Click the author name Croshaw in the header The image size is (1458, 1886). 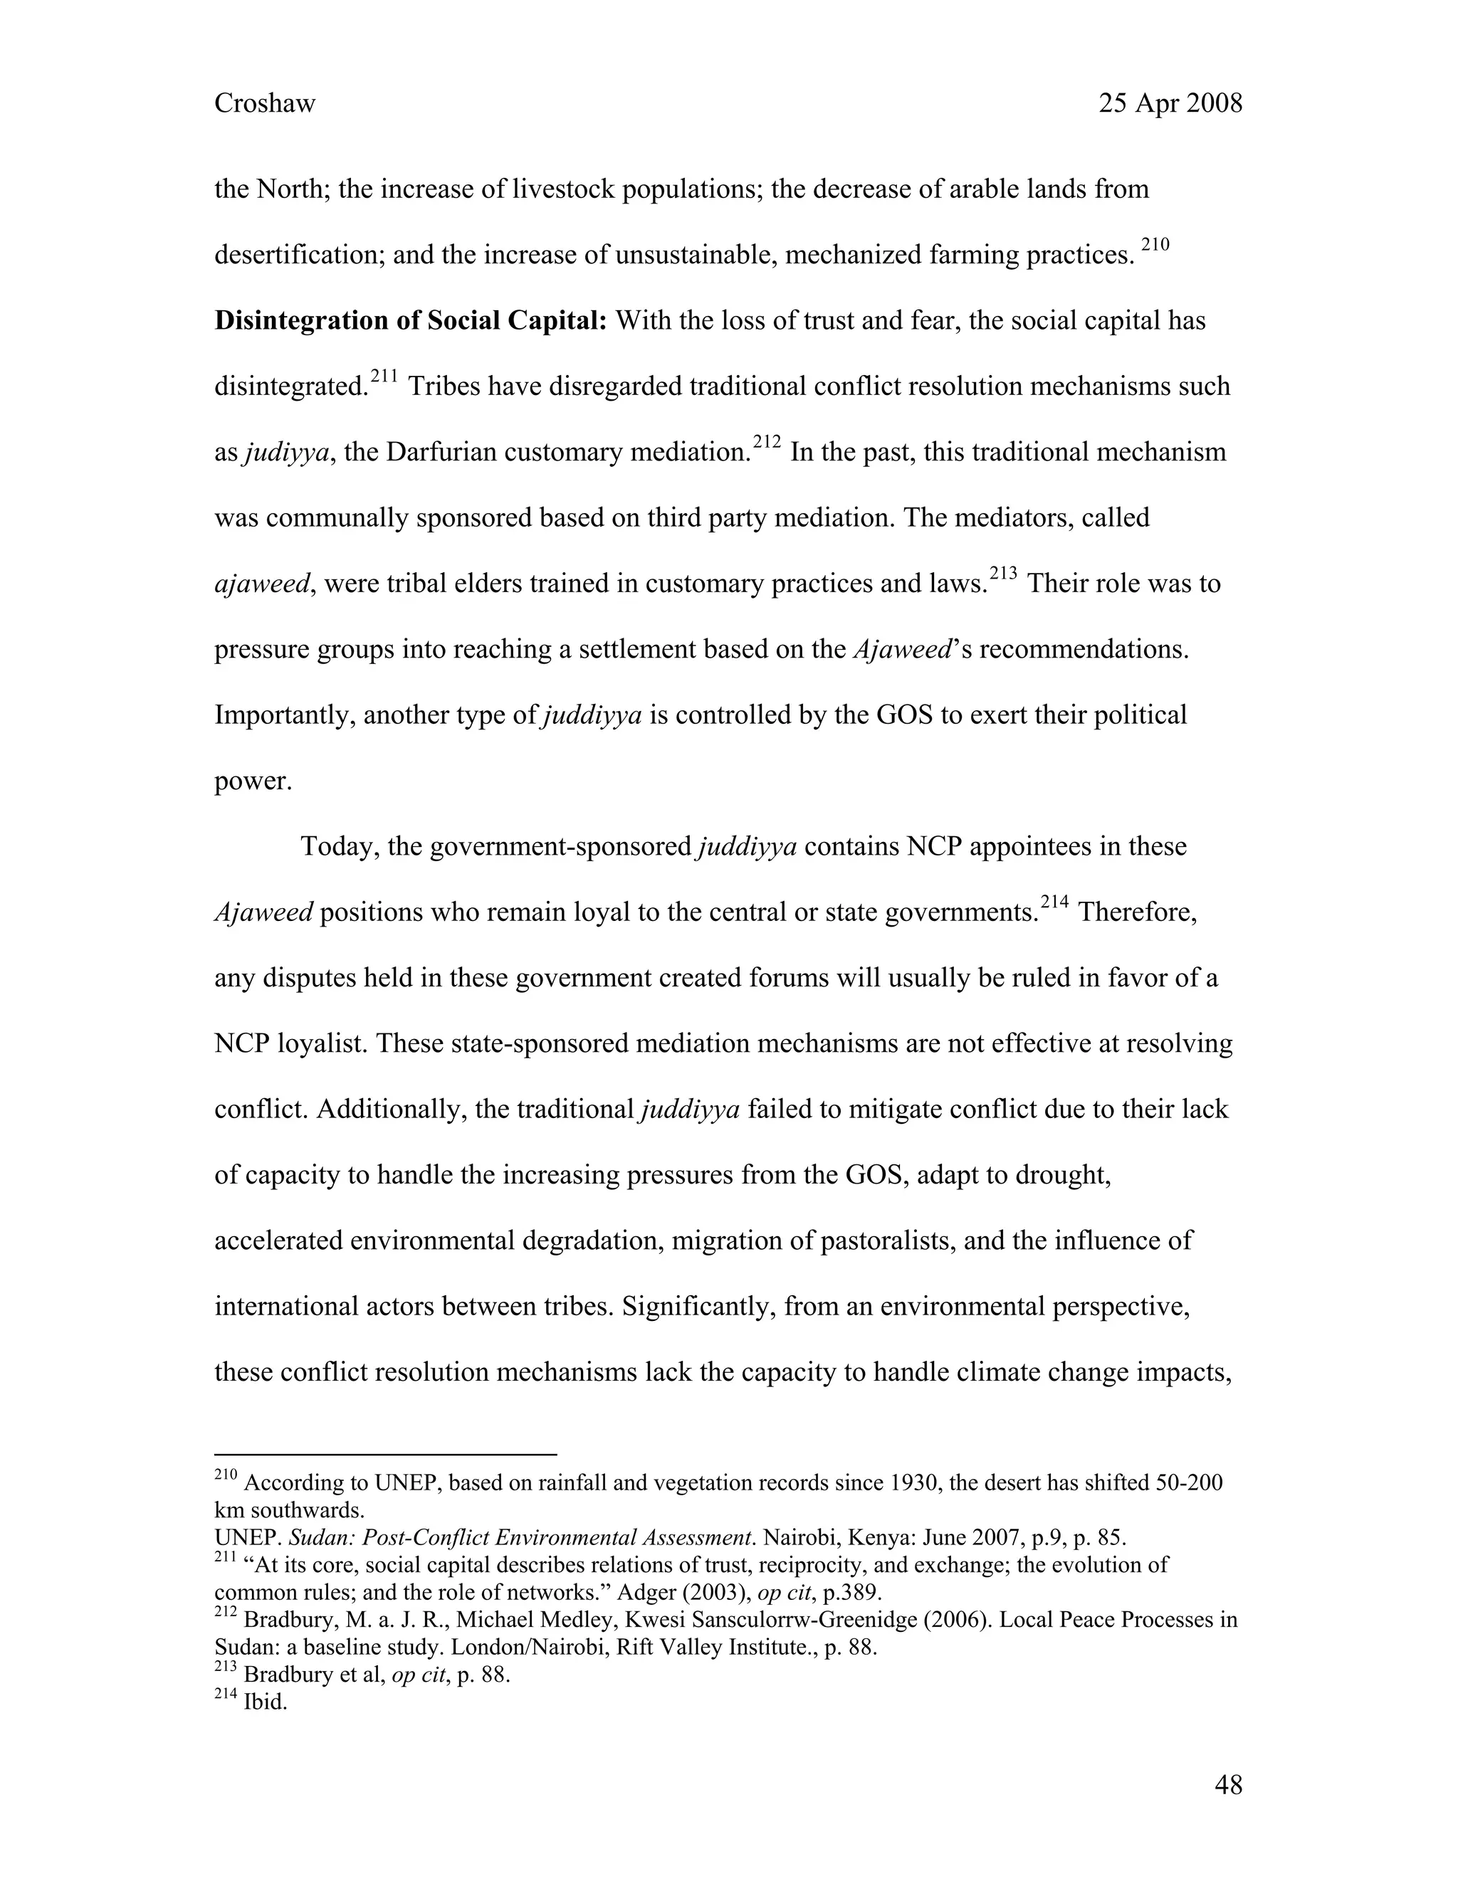click(x=264, y=104)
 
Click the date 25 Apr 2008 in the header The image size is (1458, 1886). click(x=1170, y=104)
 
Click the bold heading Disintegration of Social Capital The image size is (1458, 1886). click(x=410, y=321)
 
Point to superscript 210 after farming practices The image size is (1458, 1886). click(x=1155, y=246)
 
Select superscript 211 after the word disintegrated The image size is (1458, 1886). click(x=384, y=376)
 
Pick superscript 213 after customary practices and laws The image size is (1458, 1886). click(x=1003, y=574)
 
